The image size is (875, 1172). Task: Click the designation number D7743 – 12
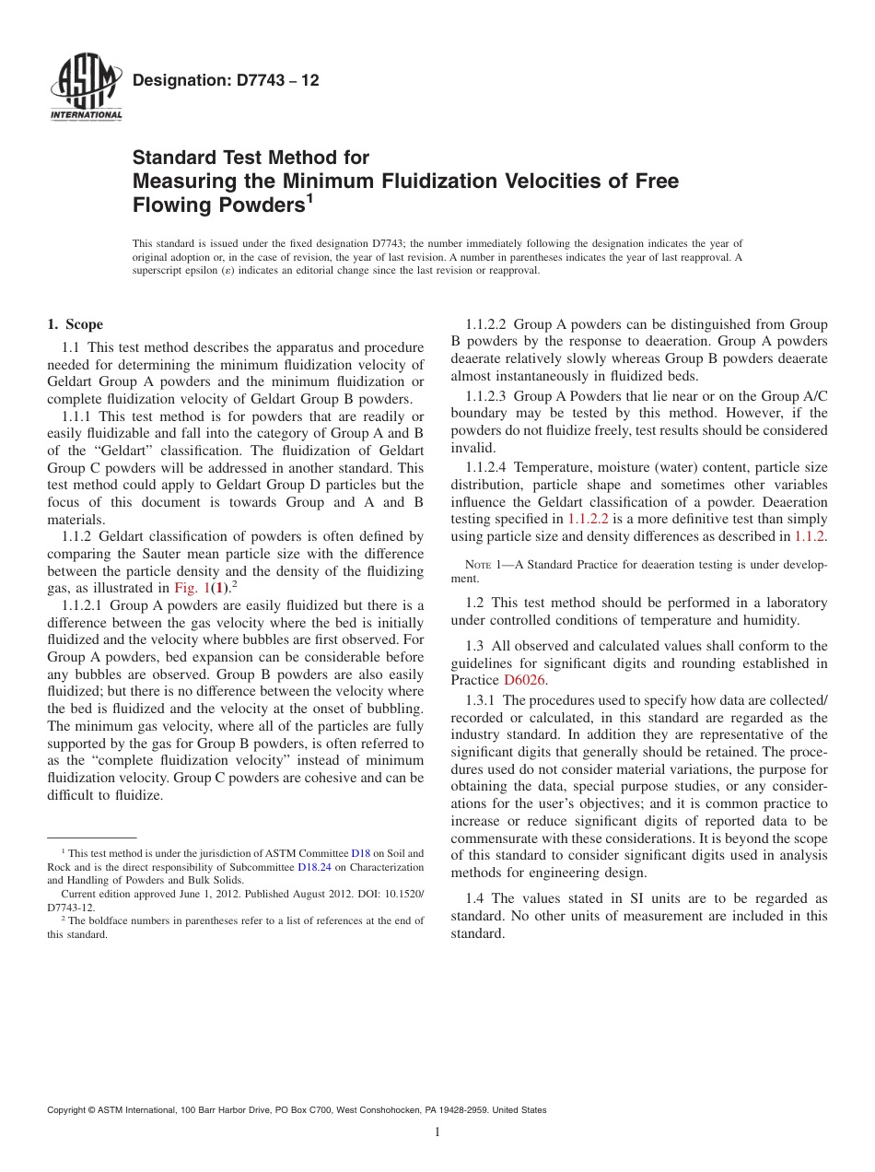226,80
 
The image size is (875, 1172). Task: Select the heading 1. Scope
76,324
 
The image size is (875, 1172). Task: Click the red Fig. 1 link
192,588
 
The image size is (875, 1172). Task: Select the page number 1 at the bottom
437,1131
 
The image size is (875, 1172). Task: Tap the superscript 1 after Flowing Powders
311,198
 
